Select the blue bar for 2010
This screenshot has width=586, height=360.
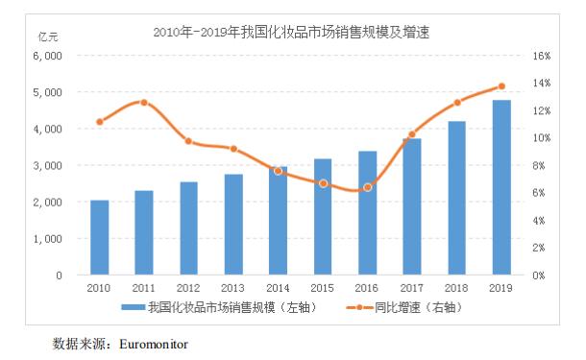99,237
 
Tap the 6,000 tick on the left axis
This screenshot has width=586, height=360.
47,56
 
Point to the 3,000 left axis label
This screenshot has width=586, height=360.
47,166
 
